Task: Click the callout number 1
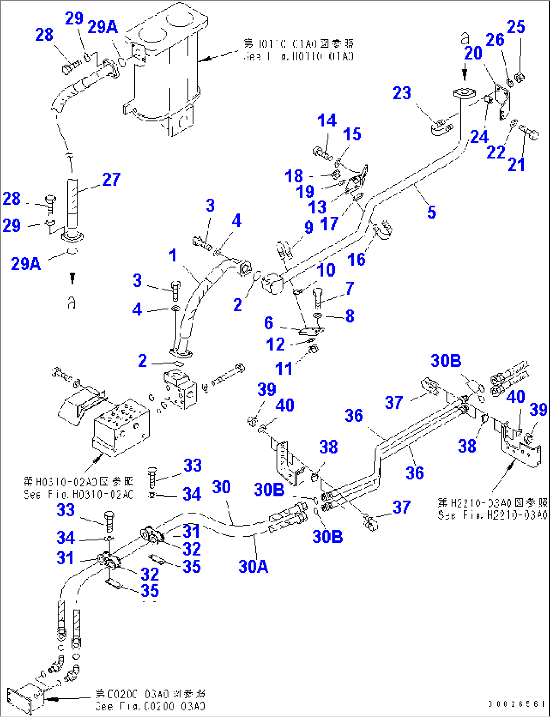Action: [x=173, y=255]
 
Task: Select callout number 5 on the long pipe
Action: [x=431, y=212]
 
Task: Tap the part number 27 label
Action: [x=111, y=179]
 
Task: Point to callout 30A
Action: [x=253, y=567]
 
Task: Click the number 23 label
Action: [x=402, y=93]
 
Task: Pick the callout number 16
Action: [x=356, y=259]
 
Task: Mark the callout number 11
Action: [x=284, y=368]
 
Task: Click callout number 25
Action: [x=516, y=27]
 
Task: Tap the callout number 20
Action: [x=473, y=53]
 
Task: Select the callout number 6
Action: [x=268, y=323]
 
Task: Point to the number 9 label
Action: [x=309, y=227]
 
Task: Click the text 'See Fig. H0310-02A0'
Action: [x=78, y=494]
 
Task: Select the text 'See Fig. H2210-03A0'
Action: [x=492, y=515]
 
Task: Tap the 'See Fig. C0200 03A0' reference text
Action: [x=150, y=706]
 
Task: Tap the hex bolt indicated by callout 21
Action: [x=530, y=133]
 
